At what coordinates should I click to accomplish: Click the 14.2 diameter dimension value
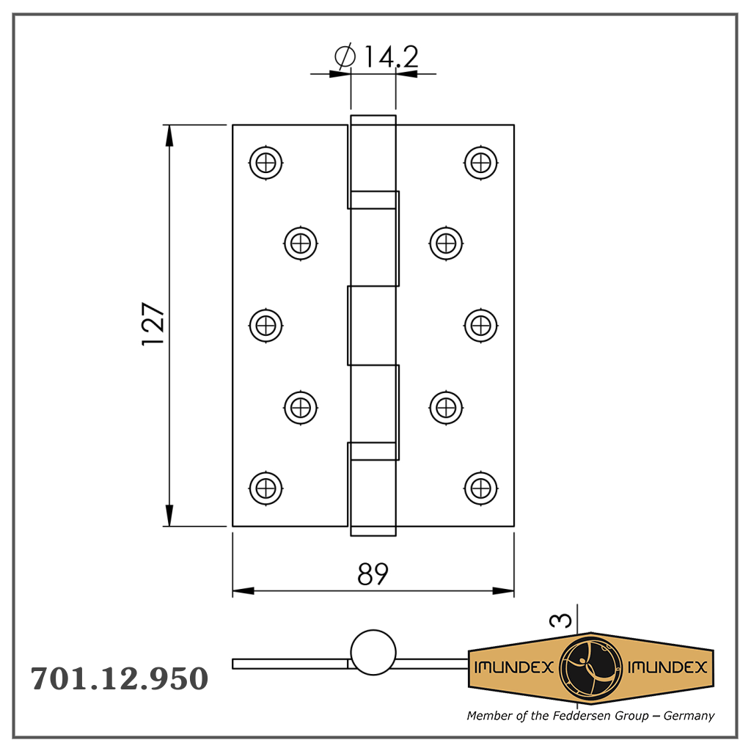click(x=392, y=56)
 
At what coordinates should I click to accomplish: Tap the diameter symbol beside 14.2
click(x=345, y=56)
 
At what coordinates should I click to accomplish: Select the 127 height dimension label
click(x=153, y=323)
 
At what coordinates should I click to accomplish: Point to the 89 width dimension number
click(x=373, y=574)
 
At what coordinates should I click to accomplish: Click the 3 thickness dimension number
click(x=560, y=620)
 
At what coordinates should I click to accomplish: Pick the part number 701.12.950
click(x=120, y=678)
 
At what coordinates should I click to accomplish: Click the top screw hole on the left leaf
click(x=265, y=163)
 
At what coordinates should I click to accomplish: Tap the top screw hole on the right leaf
click(x=480, y=163)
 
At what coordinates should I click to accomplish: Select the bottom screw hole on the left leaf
click(x=265, y=488)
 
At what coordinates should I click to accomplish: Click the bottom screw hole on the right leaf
click(x=480, y=488)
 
